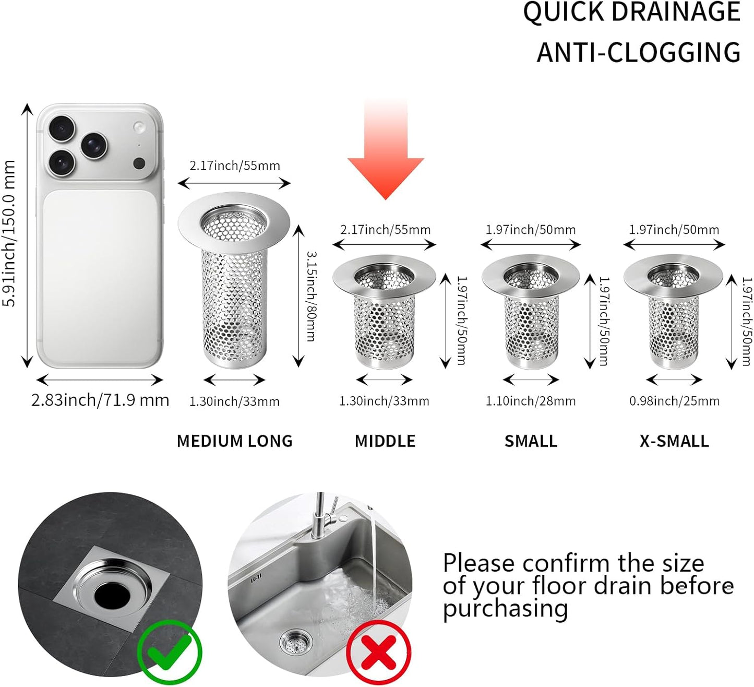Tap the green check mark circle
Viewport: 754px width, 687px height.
(170, 652)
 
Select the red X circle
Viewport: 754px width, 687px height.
(378, 652)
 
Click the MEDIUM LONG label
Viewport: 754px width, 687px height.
(234, 441)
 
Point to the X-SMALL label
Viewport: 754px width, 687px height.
(674, 441)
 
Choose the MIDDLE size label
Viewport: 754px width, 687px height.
(385, 441)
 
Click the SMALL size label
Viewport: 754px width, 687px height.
(531, 441)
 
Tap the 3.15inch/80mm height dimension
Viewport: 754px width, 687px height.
(312, 297)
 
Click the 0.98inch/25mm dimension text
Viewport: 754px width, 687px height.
(674, 401)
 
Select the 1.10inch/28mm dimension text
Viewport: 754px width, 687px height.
(531, 401)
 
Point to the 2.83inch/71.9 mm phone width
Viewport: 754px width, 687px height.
(100, 400)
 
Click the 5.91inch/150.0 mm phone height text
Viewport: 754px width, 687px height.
(9, 233)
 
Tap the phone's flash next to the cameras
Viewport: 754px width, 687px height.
(139, 127)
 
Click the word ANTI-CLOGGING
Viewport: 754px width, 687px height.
(639, 52)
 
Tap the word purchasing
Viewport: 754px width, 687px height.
(506, 609)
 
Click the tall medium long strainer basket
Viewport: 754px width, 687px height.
(234, 280)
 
